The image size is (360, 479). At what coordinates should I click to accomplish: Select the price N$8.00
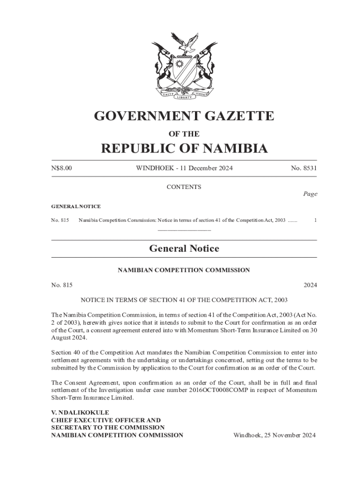[x=62, y=168]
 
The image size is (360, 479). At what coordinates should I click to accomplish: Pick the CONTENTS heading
[x=184, y=187]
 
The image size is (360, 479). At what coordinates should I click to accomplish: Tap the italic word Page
[x=310, y=194]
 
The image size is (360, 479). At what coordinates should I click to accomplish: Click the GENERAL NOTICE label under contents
[x=76, y=206]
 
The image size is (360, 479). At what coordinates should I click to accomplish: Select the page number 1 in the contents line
[x=316, y=220]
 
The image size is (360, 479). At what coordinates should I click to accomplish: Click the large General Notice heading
[x=184, y=248]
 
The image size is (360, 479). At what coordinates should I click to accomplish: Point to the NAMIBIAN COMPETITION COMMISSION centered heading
[x=184, y=270]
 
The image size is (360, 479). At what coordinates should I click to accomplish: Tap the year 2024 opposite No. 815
[x=310, y=284]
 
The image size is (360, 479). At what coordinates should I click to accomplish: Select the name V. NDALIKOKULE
[x=80, y=413]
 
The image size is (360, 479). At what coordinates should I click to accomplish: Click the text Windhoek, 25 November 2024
[x=274, y=435]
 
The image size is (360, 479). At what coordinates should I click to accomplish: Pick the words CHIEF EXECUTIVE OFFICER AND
[x=106, y=420]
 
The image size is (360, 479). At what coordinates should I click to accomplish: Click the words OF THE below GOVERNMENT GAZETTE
[x=184, y=134]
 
